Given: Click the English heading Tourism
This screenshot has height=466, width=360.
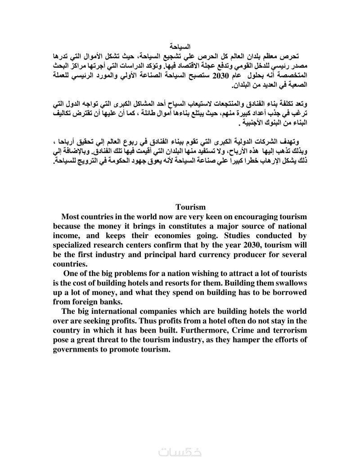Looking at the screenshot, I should tap(190, 207).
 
